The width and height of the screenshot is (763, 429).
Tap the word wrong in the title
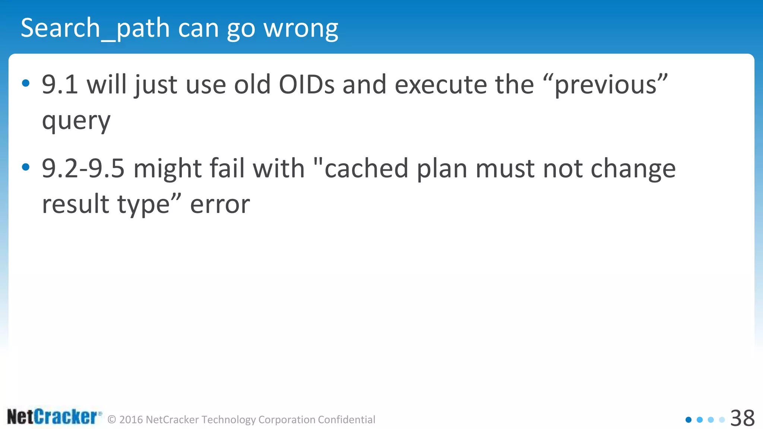[301, 28]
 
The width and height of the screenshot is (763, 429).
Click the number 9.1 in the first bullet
[60, 85]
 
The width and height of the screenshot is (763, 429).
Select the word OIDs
[307, 85]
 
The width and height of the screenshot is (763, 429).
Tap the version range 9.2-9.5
[83, 168]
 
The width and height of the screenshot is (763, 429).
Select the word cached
[366, 168]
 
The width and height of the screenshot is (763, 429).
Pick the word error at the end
[220, 204]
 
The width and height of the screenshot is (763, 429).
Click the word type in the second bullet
[143, 204]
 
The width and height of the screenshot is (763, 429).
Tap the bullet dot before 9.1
[26, 83]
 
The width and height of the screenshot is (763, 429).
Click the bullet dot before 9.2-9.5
[26, 167]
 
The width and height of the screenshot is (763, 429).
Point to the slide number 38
[742, 418]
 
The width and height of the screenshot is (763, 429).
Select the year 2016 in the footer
[131, 420]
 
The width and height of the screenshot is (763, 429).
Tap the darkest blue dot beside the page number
[688, 420]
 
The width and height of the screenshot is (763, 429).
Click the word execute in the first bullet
[440, 85]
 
